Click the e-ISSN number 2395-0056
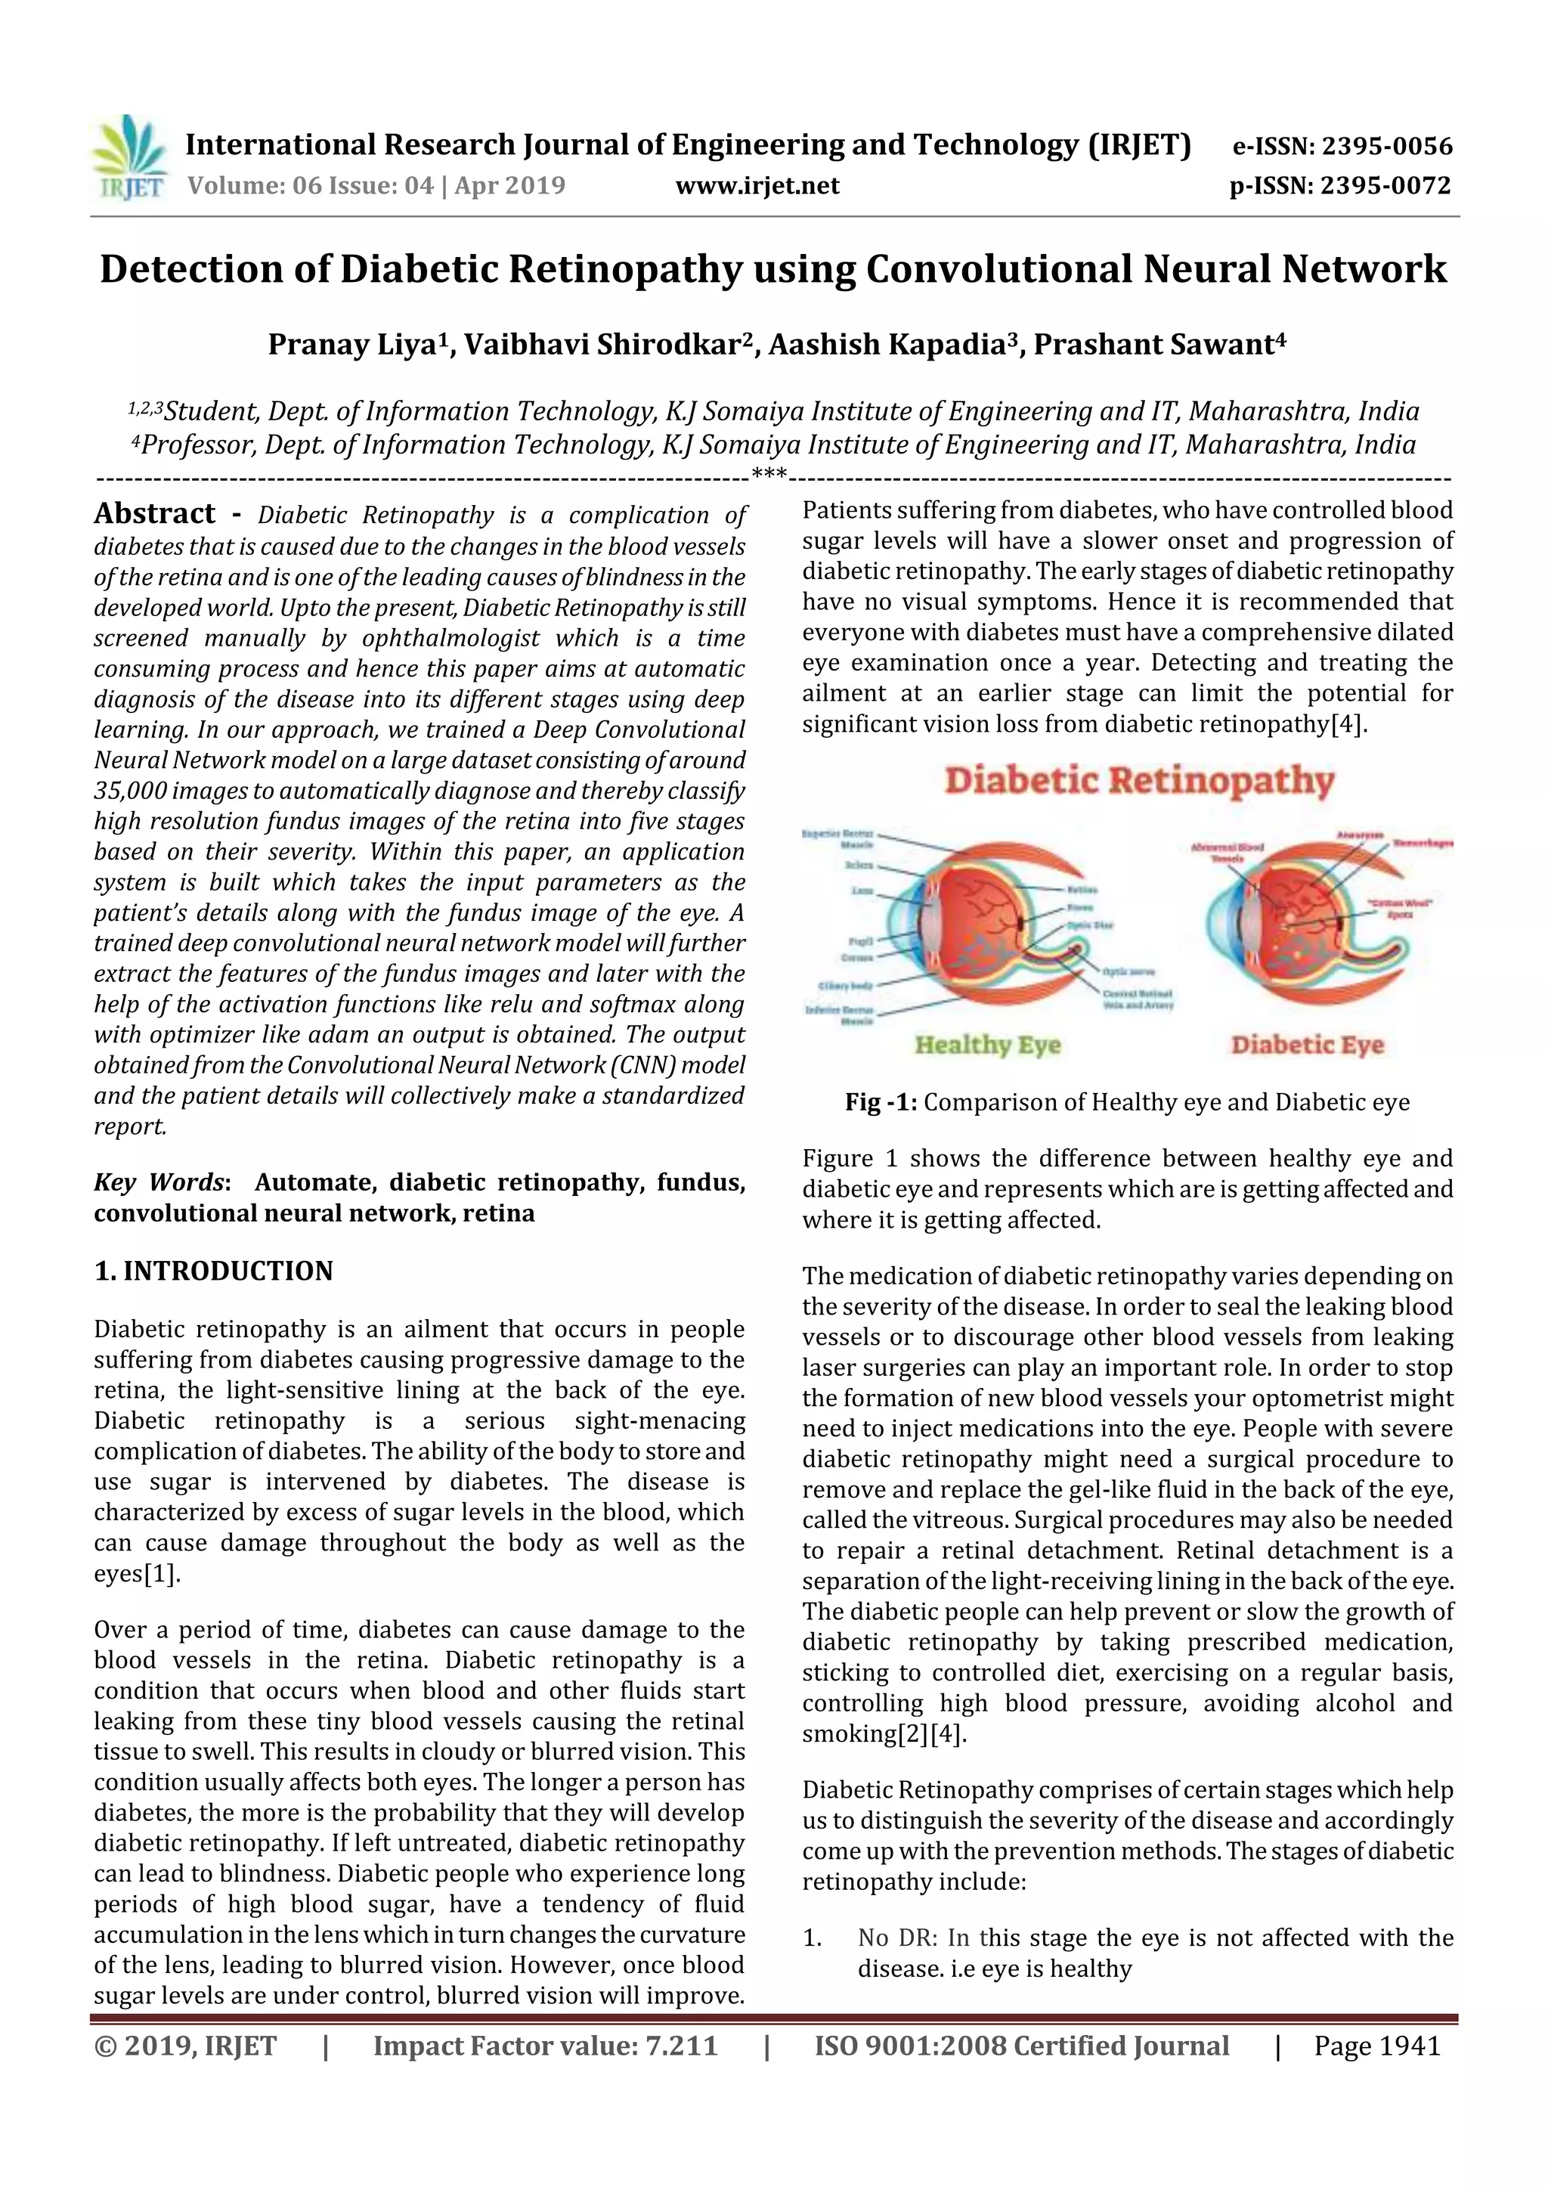(1387, 147)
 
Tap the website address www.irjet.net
(757, 185)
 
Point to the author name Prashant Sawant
(1154, 344)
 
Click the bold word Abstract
(154, 514)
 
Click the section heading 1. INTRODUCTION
(214, 1271)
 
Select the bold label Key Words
(158, 1183)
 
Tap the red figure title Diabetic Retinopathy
(1139, 781)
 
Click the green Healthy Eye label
(987, 1045)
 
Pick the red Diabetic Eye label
(1307, 1045)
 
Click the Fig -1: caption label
(881, 1103)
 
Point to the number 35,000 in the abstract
(128, 791)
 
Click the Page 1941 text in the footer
(1376, 2046)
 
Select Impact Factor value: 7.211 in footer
(545, 2046)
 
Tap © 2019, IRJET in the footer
(185, 2046)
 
